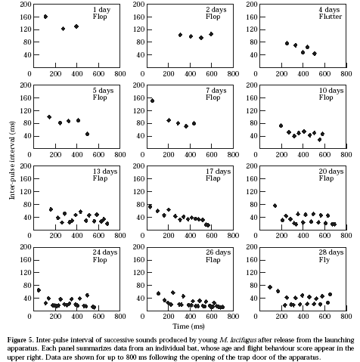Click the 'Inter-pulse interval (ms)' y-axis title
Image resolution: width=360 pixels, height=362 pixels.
pos(12,161)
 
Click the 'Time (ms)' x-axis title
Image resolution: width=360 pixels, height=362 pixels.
pos(188,326)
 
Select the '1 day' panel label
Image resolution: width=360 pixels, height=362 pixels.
pos(101,10)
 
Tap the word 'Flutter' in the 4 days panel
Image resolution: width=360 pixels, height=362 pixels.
pos(331,17)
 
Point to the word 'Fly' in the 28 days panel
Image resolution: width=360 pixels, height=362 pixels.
pos(324,260)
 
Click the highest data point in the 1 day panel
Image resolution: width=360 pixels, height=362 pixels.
pos(45,17)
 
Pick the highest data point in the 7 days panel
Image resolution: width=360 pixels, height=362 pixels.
pos(152,101)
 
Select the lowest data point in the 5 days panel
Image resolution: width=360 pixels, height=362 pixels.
pos(87,134)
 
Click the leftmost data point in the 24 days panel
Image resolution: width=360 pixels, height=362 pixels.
pos(39,290)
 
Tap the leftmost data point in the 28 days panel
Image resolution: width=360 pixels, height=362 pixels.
pos(270,287)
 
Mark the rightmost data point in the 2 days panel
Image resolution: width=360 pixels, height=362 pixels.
pos(211,34)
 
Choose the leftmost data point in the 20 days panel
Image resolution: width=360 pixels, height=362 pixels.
pos(275,206)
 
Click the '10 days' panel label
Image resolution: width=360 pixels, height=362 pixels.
pos(331,91)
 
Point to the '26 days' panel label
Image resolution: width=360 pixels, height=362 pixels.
pos(219,252)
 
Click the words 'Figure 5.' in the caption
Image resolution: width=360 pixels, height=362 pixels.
pos(20,340)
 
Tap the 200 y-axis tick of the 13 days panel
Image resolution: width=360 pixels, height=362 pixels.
pos(26,166)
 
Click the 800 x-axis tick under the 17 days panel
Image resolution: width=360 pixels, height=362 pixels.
pos(233,235)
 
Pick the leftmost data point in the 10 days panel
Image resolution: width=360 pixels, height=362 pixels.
pos(281,125)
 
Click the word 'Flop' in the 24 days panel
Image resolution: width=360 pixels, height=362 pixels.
pos(100,260)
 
